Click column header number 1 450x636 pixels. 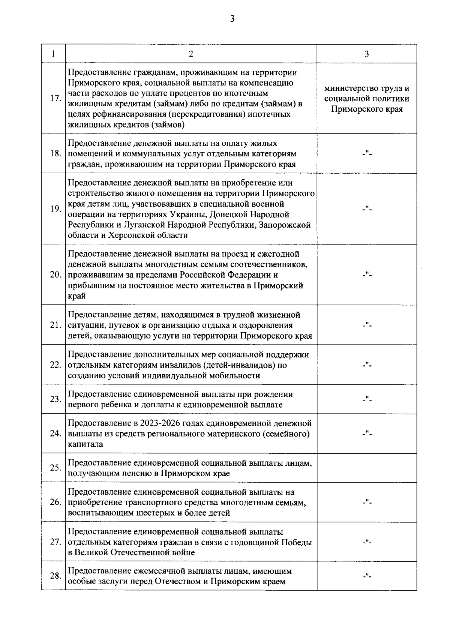pyautogui.click(x=53, y=54)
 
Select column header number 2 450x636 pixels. pyautogui.click(x=191, y=54)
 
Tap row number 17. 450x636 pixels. pyautogui.click(x=55, y=99)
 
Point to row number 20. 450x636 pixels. pyautogui.click(x=55, y=275)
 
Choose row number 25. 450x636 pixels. pyautogui.click(x=55, y=468)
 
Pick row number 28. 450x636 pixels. pyautogui.click(x=55, y=576)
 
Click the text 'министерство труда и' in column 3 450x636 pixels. pyautogui.click(x=366, y=88)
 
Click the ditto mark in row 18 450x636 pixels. pyautogui.click(x=367, y=153)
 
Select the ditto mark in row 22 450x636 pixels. pyautogui.click(x=367, y=365)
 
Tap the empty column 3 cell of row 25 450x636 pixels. pyautogui.click(x=367, y=468)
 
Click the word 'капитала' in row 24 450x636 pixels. pyautogui.click(x=85, y=444)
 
